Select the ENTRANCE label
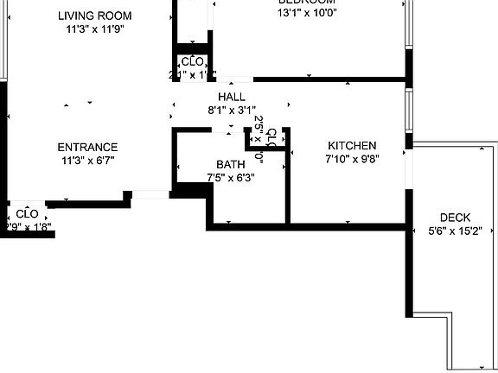click(x=88, y=147)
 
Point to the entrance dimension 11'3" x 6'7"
click(x=88, y=160)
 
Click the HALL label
click(x=232, y=97)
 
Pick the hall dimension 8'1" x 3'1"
click(x=232, y=110)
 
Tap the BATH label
click(x=231, y=164)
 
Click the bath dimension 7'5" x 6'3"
click(x=231, y=177)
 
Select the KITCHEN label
click(x=351, y=145)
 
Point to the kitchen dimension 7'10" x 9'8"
click(x=351, y=158)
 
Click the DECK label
click(x=455, y=218)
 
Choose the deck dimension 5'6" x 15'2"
click(x=455, y=231)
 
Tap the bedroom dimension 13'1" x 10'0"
click(x=306, y=13)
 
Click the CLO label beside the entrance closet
click(x=27, y=213)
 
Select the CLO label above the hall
click(x=192, y=62)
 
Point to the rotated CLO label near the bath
click(x=271, y=138)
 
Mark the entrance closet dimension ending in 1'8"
click(x=29, y=228)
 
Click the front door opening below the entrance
click(x=150, y=195)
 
